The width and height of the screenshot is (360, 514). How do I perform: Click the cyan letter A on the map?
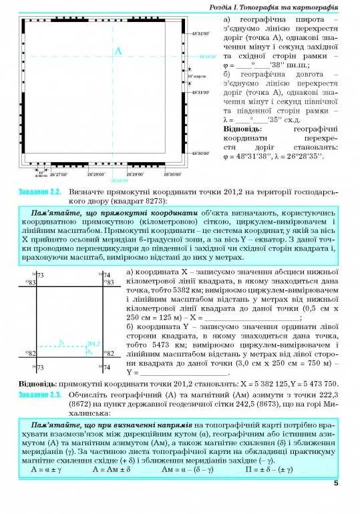[x=118, y=52]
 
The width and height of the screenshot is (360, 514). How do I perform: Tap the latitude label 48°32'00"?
[x=201, y=33]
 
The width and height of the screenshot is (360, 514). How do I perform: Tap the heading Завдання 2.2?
[x=39, y=192]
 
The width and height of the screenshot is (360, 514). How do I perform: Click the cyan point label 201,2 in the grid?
[x=93, y=343]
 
